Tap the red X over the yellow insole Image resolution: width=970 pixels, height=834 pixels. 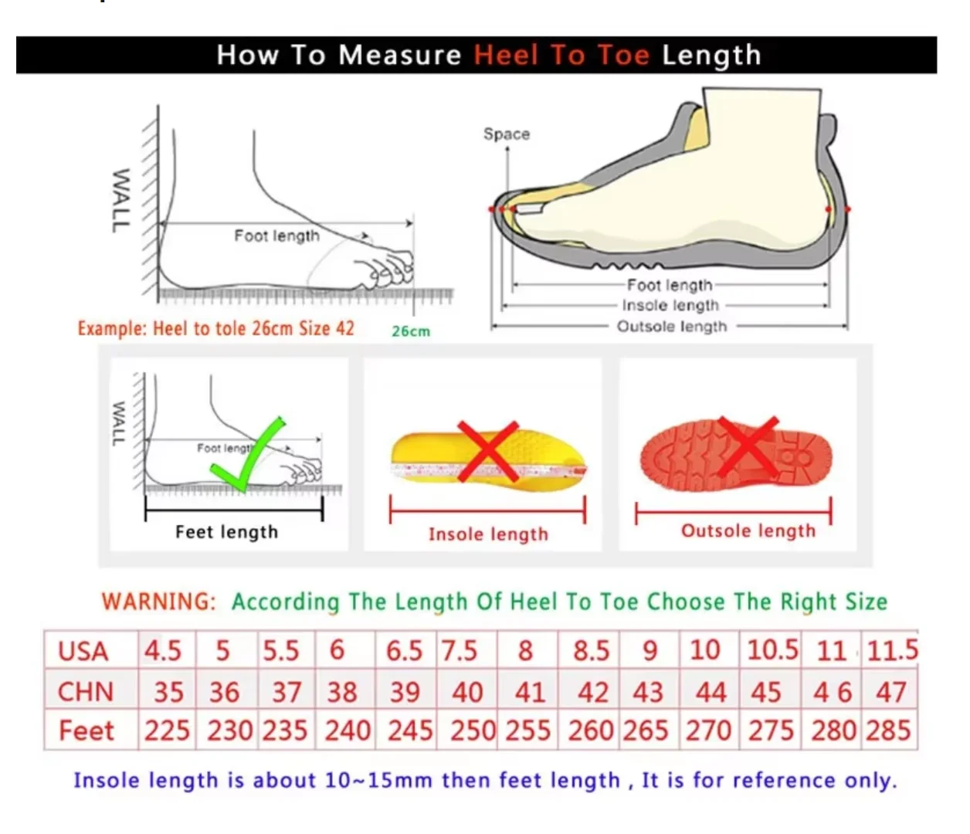point(488,451)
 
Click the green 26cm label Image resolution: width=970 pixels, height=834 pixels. point(411,331)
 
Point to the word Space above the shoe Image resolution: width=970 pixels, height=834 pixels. point(507,134)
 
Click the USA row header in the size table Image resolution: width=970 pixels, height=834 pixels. point(83,652)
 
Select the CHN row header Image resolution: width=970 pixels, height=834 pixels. point(86,692)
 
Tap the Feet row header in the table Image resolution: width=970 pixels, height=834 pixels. point(86,731)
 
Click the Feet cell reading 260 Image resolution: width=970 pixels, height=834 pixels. point(589,731)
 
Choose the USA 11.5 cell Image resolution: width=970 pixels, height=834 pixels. point(890,650)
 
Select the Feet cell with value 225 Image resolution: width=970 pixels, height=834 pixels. point(167,731)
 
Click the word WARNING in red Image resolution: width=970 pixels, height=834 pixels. point(159,602)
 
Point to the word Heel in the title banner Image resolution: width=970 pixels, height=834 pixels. point(506,55)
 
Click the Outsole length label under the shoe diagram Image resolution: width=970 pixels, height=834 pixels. point(672,326)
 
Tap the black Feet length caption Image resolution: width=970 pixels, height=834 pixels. point(226,532)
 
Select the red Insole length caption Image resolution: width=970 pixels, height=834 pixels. point(488,534)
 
